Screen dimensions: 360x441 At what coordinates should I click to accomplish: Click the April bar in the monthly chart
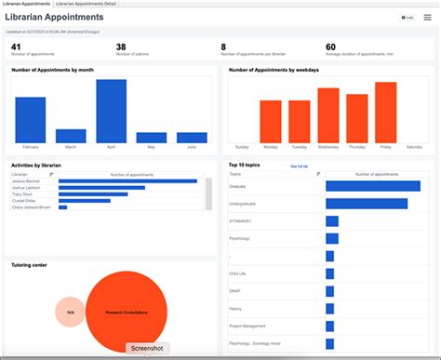111,111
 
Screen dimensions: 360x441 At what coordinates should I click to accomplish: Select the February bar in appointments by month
30,119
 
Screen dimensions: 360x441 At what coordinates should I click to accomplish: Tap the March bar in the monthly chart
71,135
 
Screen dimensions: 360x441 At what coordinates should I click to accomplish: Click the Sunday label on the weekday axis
242,147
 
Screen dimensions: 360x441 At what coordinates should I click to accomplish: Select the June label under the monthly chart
192,147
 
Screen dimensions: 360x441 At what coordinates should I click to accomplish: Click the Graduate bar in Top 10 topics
372,186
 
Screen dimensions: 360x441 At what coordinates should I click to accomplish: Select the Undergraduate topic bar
366,204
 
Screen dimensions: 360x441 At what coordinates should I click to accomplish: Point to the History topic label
236,308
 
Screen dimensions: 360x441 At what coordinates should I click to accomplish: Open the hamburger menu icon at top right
427,17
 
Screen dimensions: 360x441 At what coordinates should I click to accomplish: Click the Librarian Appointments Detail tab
85,4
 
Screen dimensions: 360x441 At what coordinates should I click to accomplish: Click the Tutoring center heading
29,264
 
